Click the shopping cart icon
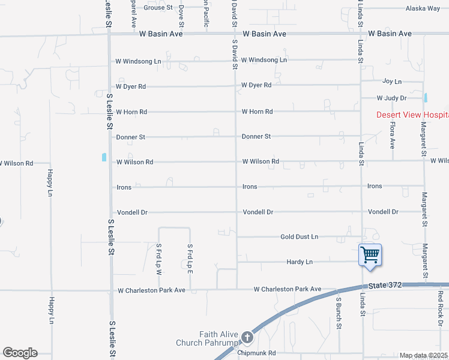370,254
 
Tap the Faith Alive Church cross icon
247,338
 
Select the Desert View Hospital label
412,115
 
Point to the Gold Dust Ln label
299,237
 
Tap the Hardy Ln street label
300,262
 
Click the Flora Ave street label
392,135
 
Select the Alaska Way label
423,8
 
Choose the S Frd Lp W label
159,259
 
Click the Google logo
20,353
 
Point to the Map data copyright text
424,356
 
